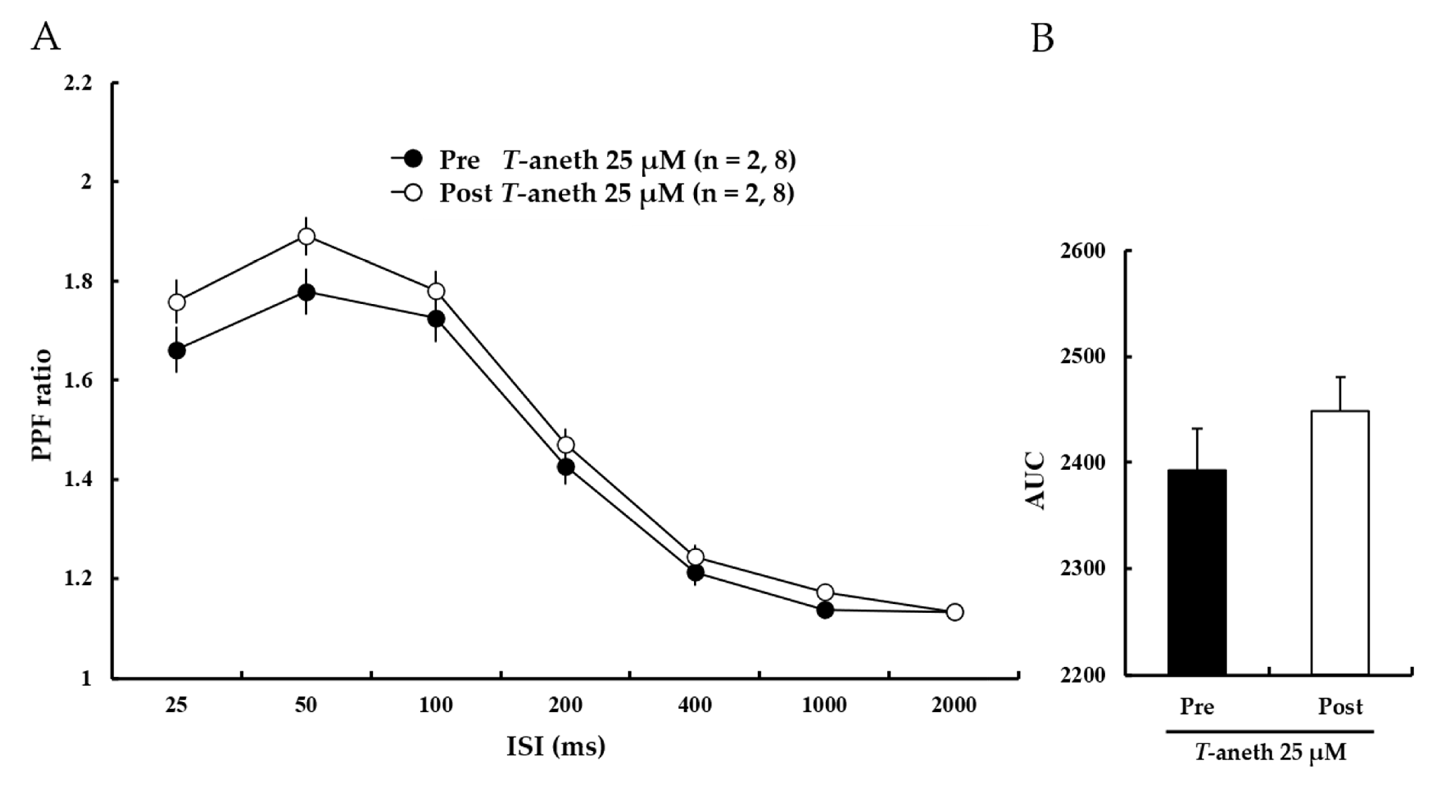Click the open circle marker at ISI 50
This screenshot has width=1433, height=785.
[x=306, y=236]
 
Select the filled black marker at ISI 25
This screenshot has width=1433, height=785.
[x=176, y=350]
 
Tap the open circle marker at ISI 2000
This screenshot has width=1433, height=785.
[x=955, y=612]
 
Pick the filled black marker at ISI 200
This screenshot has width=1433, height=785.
[x=566, y=467]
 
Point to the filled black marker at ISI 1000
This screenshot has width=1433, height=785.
[x=825, y=610]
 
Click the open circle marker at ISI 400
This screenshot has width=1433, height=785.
[x=695, y=557]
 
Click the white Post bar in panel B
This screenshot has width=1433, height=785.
[x=1340, y=543]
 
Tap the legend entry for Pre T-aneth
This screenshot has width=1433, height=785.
[x=592, y=160]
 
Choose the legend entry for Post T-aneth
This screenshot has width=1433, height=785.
[x=592, y=193]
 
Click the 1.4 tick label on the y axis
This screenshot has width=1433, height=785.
[x=78, y=480]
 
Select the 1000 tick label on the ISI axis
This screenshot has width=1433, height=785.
[x=824, y=706]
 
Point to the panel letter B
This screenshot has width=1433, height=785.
[x=1043, y=39]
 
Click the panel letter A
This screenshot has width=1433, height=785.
[x=46, y=38]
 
